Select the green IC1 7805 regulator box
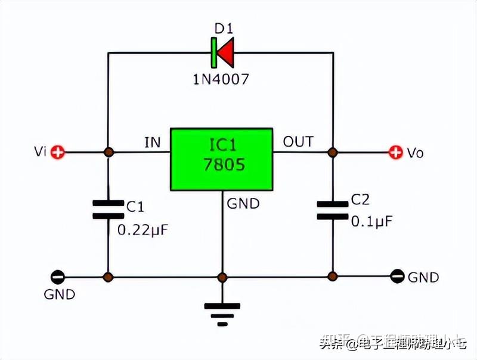pyautogui.click(x=222, y=159)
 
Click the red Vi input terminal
pyautogui.click(x=57, y=152)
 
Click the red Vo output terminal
pyautogui.click(x=395, y=152)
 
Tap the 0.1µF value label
pyautogui.click(x=371, y=222)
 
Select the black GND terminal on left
pyautogui.click(x=57, y=277)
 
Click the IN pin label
pyautogui.click(x=153, y=142)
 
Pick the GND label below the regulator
pyautogui.click(x=243, y=204)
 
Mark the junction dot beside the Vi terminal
pyautogui.click(x=108, y=152)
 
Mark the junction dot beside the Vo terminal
pyautogui.click(x=332, y=152)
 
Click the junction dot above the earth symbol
pyautogui.click(x=222, y=277)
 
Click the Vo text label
pyautogui.click(x=416, y=153)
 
